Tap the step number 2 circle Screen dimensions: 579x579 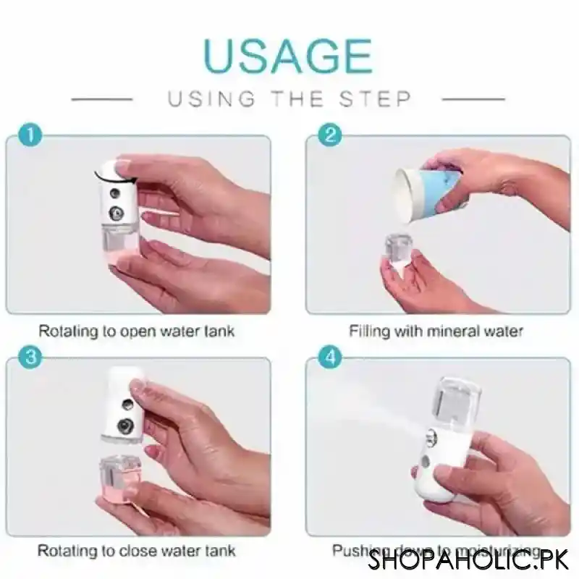(331, 135)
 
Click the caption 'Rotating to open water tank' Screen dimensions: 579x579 (136, 332)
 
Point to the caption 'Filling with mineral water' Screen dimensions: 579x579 (436, 332)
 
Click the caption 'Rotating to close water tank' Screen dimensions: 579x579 (136, 551)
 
